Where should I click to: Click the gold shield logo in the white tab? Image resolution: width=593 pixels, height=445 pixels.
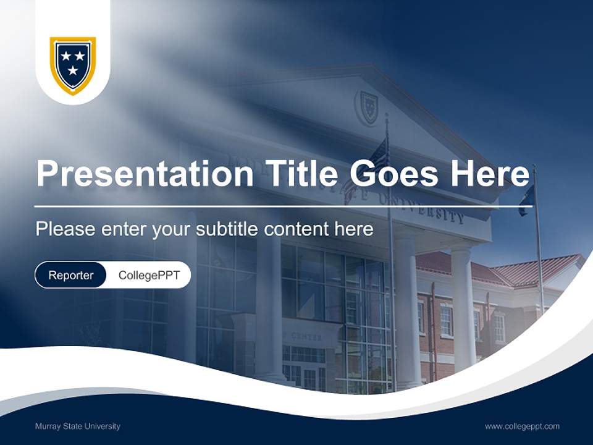coord(73,65)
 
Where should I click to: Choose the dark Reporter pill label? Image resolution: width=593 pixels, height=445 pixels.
coord(71,275)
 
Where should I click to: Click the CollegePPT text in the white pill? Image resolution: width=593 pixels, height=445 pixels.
coord(149,275)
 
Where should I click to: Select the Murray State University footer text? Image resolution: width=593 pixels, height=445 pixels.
coord(77,426)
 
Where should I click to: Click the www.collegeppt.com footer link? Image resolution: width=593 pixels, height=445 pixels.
coord(522,426)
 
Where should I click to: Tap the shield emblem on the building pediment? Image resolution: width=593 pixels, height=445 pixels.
coord(368,106)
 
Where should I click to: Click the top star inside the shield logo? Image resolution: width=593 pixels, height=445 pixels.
coord(65,57)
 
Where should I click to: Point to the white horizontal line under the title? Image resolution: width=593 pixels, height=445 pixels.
coord(283,206)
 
